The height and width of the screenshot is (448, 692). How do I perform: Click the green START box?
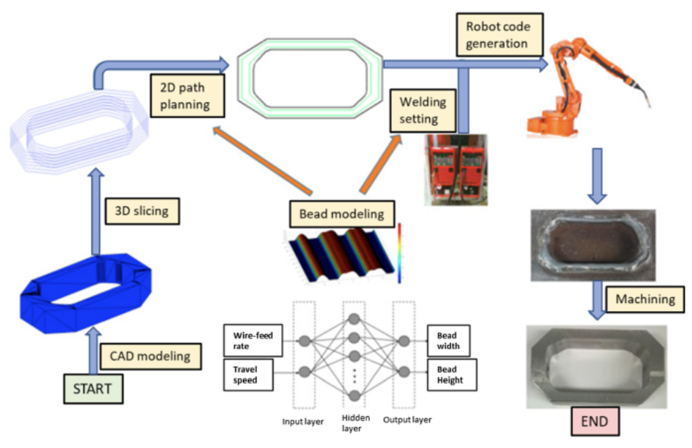pos(93,389)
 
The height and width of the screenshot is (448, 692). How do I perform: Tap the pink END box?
pos(595,421)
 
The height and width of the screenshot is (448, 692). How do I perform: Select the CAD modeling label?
pos(150,356)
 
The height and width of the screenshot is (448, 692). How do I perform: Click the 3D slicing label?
pos(142,211)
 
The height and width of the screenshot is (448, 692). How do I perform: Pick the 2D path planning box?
pos(187,96)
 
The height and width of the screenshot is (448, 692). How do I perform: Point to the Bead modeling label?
pos(342,214)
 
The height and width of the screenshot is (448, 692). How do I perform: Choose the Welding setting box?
pos(423,110)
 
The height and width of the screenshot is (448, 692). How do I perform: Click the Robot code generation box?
pos(500,35)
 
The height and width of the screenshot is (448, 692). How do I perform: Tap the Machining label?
pos(646,299)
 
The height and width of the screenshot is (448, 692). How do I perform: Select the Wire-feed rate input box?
pos(253,341)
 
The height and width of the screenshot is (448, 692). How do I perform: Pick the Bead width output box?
pos(448,341)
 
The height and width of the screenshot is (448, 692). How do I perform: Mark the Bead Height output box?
pos(452,375)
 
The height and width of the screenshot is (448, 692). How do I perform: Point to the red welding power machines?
pos(456,170)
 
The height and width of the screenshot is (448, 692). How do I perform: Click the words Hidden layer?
pos(355,423)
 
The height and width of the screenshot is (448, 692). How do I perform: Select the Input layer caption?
pos(302,422)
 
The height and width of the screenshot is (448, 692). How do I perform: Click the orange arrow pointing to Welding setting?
pos(381,164)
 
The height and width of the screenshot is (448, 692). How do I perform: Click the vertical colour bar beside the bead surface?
pos(400,253)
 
